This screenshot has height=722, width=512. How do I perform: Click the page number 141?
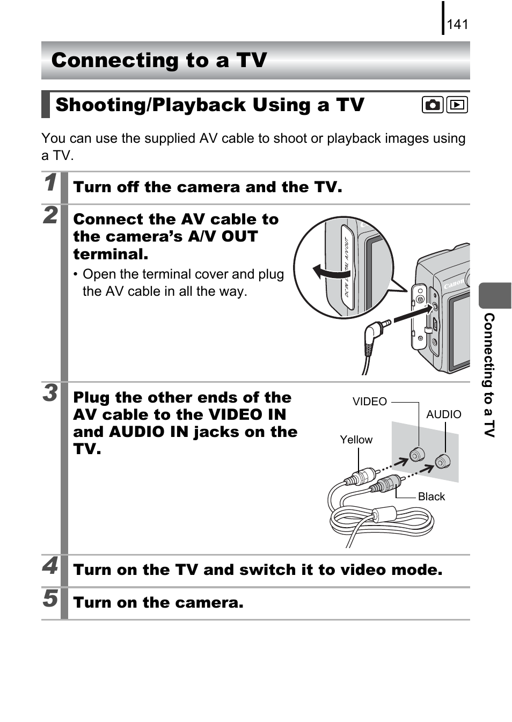tap(457, 24)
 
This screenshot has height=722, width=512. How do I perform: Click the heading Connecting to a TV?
tap(159, 60)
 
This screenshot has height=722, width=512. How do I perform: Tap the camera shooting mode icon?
tap(432, 105)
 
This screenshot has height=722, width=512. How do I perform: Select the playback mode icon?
tap(457, 105)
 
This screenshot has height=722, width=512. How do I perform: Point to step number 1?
tap(50, 183)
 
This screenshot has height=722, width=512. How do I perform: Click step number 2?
tap(50, 215)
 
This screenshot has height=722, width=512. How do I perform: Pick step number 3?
tap(50, 393)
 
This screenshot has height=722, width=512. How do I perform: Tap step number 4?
tap(50, 566)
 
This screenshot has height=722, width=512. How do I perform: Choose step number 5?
tap(50, 599)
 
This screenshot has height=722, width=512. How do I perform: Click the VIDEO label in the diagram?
tap(369, 402)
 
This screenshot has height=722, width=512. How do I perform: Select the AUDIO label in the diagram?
tap(443, 414)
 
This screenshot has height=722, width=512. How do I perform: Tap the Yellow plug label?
tap(356, 440)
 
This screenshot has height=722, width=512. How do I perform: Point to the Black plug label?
tap(431, 497)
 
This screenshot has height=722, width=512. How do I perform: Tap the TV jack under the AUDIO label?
tap(442, 461)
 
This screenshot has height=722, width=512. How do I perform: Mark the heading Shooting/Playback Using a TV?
tap(210, 105)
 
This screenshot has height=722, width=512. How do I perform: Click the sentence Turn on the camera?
tap(158, 603)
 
